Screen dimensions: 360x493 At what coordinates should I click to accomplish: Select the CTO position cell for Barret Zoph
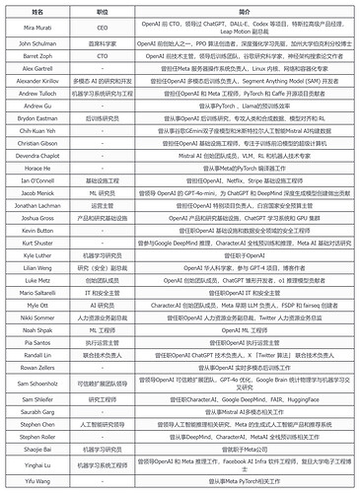102,57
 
